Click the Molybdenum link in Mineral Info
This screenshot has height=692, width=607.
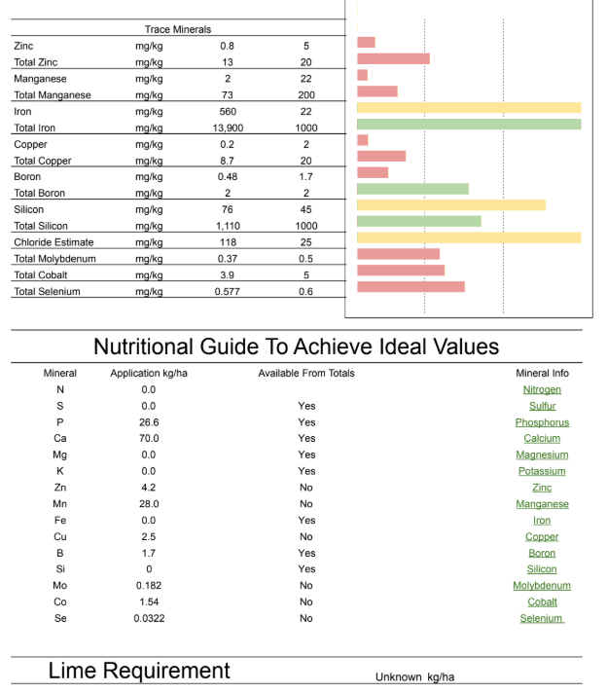pos(542,586)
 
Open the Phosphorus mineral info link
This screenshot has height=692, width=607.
pos(542,422)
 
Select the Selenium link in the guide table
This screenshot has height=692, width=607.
pos(542,618)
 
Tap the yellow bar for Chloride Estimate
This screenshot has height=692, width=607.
pos(469,237)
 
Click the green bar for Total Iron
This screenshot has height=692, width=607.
pos(469,124)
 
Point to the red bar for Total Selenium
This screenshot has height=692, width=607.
pos(411,286)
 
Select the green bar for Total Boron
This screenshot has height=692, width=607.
pos(412,189)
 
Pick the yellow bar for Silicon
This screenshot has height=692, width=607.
pos(451,204)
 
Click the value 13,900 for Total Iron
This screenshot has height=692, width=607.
pos(228,127)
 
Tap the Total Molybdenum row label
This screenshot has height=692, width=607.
pos(54,259)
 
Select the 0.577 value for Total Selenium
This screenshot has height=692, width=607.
pos(228,292)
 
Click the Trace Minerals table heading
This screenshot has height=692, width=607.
pos(178,29)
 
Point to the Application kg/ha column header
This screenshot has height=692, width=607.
pos(149,374)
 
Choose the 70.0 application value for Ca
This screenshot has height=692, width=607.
pos(149,438)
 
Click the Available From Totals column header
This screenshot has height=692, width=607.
pos(306,374)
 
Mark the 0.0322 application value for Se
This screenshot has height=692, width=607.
pos(149,618)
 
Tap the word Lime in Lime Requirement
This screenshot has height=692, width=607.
pos(72,671)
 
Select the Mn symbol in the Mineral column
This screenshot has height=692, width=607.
pos(60,504)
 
